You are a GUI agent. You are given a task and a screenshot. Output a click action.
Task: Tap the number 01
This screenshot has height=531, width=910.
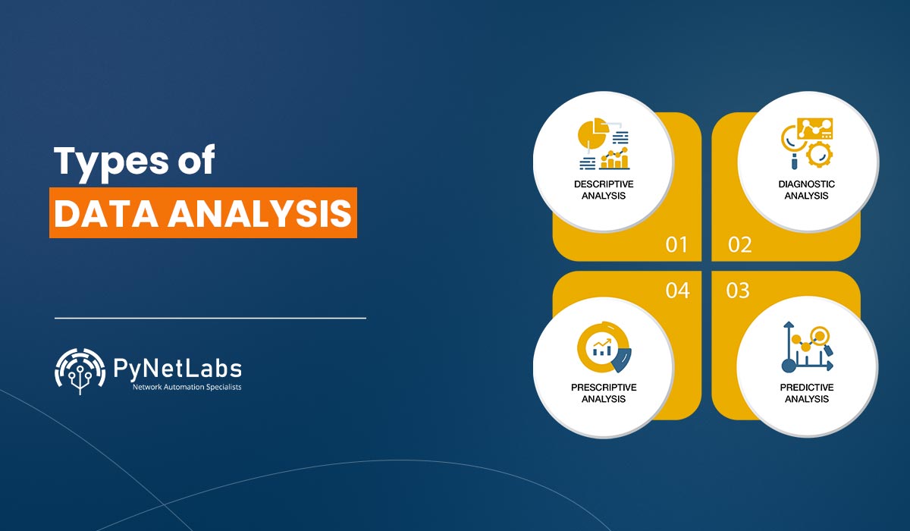click(x=676, y=245)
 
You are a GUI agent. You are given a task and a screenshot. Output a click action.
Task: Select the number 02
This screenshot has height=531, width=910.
click(x=739, y=245)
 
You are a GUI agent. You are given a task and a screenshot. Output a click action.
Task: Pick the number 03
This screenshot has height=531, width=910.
click(x=738, y=290)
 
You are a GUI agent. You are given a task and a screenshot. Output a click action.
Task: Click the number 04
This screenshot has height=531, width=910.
click(x=677, y=290)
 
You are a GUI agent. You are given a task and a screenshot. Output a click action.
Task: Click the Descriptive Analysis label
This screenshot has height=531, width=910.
click(x=604, y=190)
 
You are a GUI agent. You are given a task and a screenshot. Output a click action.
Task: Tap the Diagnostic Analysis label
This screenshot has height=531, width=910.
click(x=806, y=190)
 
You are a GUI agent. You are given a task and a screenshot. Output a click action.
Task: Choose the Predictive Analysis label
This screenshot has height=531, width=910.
click(x=806, y=393)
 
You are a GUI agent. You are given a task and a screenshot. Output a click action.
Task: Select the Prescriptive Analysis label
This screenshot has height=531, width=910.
click(x=604, y=393)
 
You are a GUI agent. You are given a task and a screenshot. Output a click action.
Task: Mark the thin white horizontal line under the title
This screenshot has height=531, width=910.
click(x=210, y=318)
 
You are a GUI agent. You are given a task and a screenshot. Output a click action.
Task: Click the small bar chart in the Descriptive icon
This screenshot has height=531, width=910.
click(x=615, y=159)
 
